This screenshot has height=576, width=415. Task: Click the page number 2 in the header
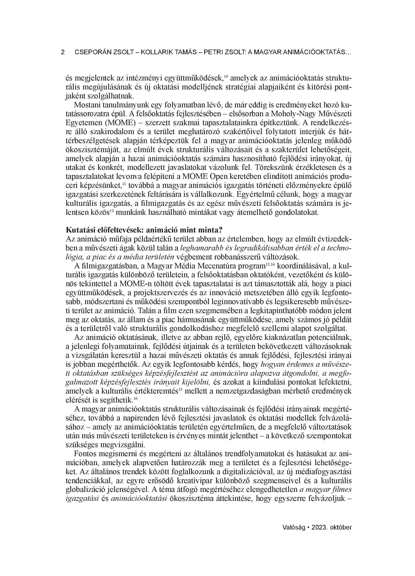click(63, 52)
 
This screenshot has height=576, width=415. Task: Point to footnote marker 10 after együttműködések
click(226, 75)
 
